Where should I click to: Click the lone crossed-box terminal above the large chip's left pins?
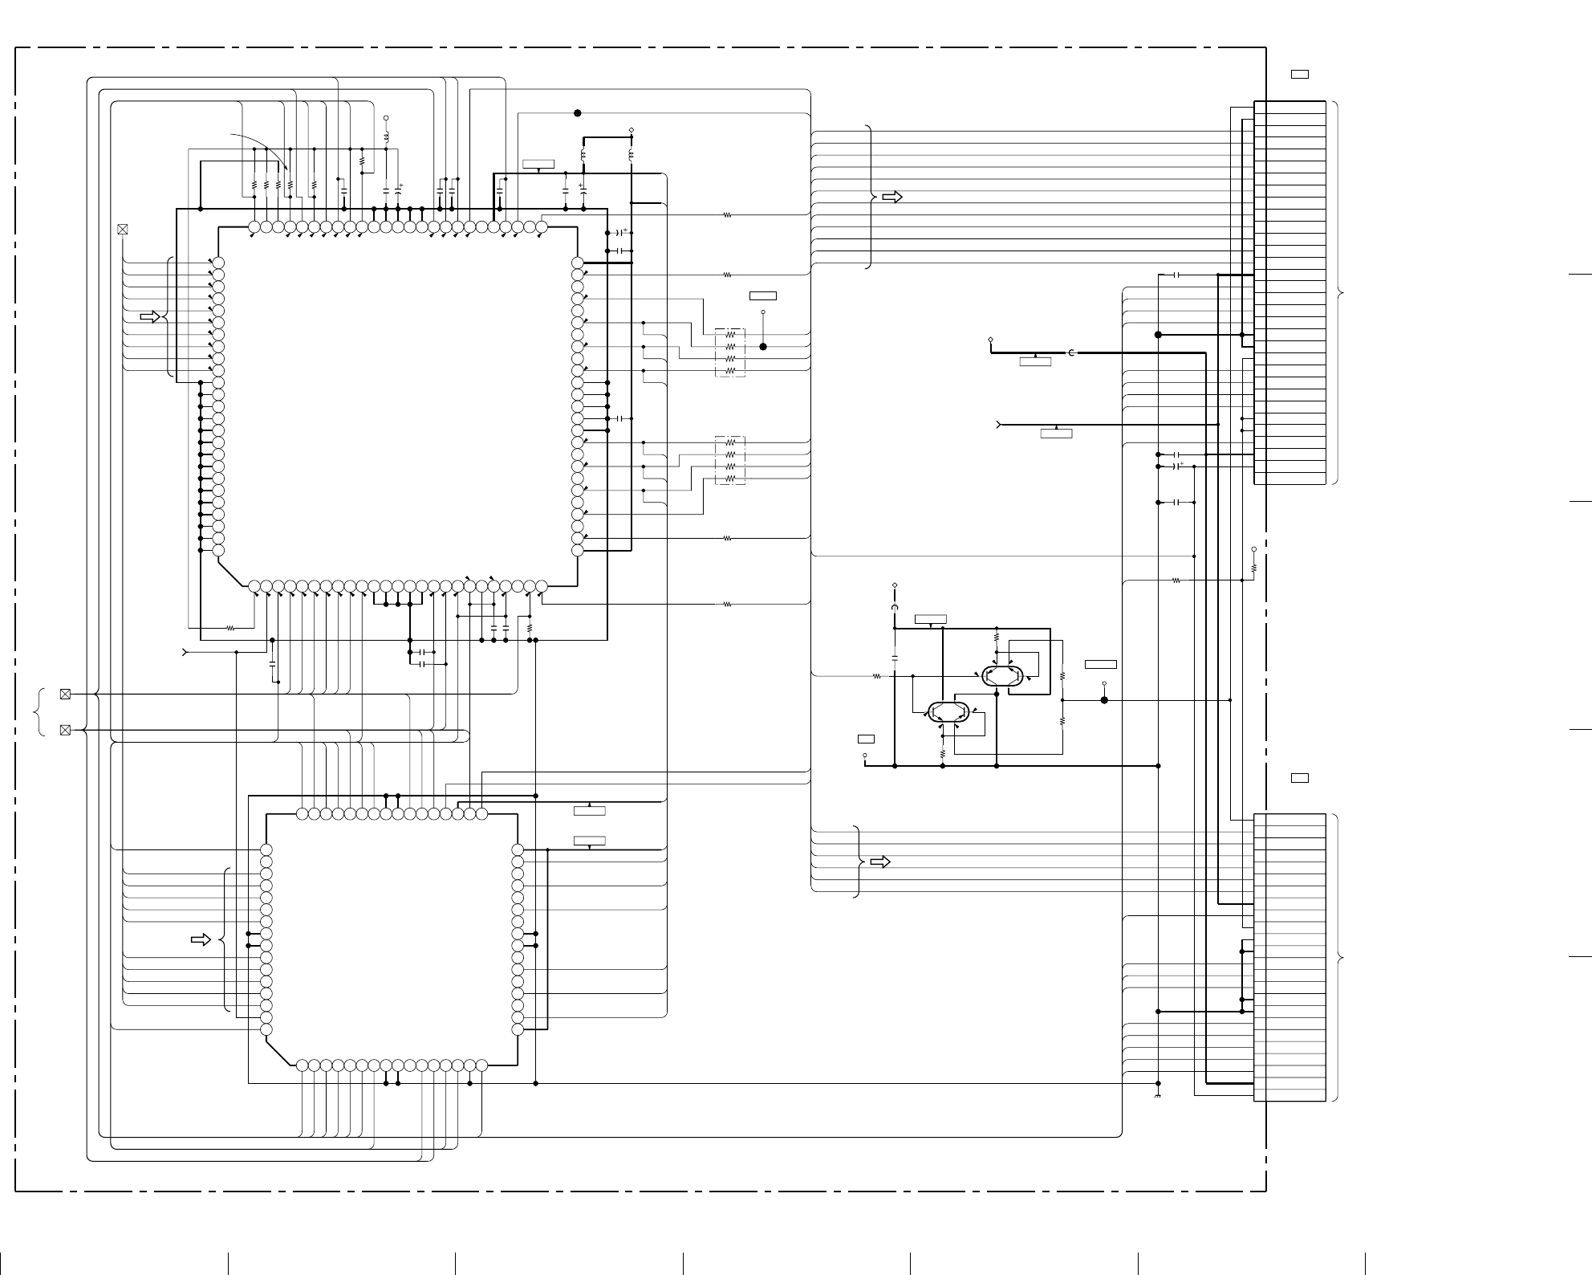click(123, 229)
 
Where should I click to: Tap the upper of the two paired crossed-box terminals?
click(66, 694)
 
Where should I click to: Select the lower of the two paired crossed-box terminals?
click(66, 730)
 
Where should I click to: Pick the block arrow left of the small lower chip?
click(201, 939)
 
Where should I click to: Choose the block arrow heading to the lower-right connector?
click(880, 862)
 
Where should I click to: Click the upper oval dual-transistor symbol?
click(1002, 675)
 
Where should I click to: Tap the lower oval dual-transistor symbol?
click(948, 711)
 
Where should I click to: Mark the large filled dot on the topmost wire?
click(577, 113)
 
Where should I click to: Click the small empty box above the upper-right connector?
click(1300, 75)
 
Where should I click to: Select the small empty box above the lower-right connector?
click(1300, 778)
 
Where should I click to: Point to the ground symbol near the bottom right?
click(1158, 1096)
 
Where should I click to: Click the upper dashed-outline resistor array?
click(730, 352)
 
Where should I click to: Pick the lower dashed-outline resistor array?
click(730, 460)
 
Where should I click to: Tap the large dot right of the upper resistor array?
click(763, 347)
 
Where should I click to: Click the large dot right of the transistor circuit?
click(1104, 700)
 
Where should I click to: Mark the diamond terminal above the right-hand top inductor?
click(631, 129)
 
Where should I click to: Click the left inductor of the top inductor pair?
click(583, 155)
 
